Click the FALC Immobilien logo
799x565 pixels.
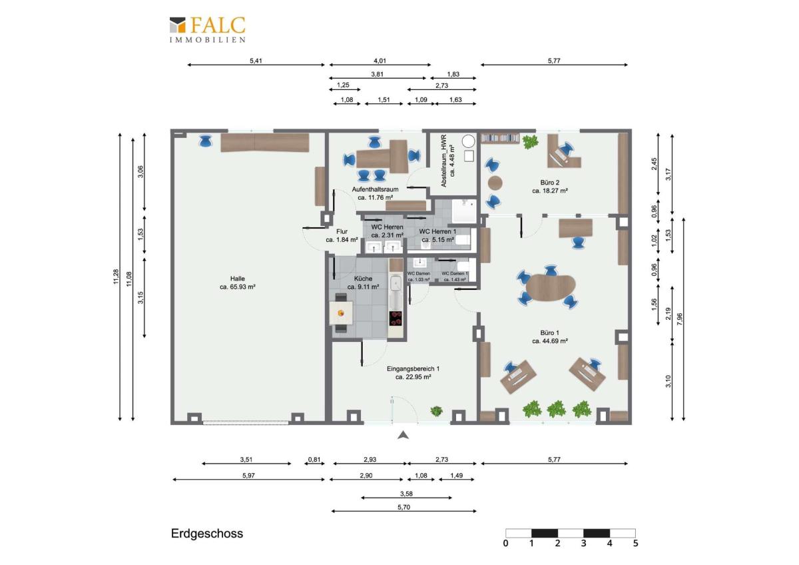207,30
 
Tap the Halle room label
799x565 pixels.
238,279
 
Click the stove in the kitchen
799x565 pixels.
396,318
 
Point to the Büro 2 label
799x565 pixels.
549,182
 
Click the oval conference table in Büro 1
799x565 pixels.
551,287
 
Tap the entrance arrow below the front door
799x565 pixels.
402,436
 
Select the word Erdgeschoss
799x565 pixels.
207,534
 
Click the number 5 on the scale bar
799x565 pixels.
635,544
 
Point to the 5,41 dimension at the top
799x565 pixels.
256,61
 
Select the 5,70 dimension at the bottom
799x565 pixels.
403,507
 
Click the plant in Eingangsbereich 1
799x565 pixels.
437,410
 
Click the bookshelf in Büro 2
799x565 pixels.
500,138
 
